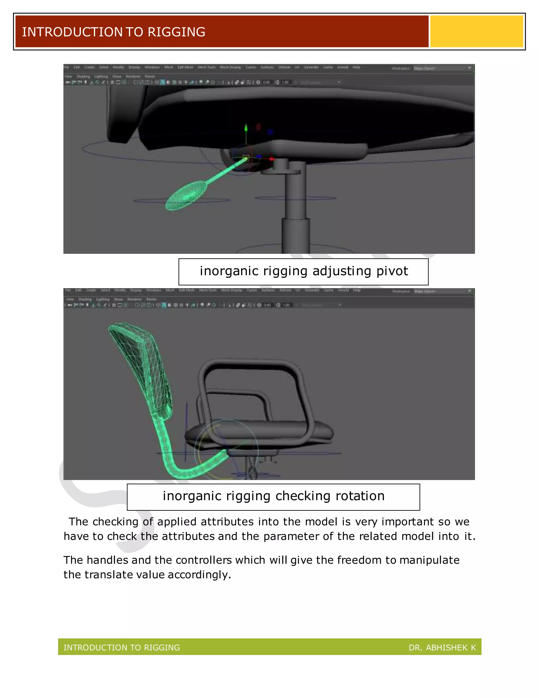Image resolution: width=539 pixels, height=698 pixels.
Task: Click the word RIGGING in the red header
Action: tap(176, 32)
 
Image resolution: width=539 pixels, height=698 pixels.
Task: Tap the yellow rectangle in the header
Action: tap(476, 31)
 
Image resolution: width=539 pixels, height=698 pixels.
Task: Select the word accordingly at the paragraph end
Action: tap(199, 575)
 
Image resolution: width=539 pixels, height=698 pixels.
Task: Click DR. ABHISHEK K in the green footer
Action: tap(442, 648)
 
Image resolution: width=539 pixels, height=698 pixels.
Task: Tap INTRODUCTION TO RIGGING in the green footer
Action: tap(122, 648)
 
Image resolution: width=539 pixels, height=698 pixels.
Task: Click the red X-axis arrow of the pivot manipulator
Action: tap(271, 159)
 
